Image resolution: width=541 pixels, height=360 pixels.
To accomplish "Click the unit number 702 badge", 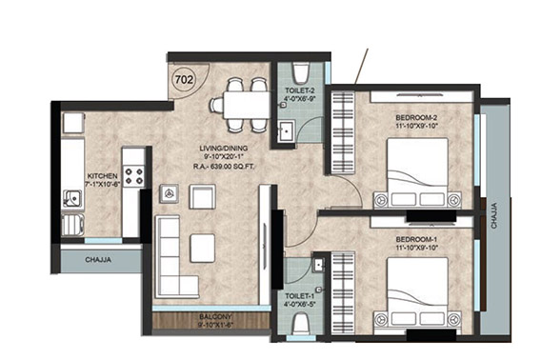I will (184, 80).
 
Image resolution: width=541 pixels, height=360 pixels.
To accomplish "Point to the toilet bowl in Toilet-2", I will (301, 72).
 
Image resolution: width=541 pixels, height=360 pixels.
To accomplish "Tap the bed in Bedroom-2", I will (415, 172).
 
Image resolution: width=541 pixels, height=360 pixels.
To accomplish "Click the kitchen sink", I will (71, 198).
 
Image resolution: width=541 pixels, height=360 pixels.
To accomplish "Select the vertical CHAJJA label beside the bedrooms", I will (492, 209).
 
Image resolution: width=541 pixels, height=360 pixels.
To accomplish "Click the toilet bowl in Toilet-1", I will (301, 325).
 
